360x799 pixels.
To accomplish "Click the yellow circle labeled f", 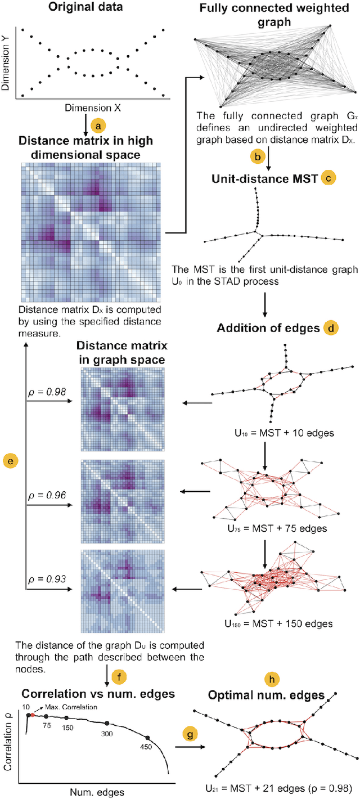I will [x=116, y=675].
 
